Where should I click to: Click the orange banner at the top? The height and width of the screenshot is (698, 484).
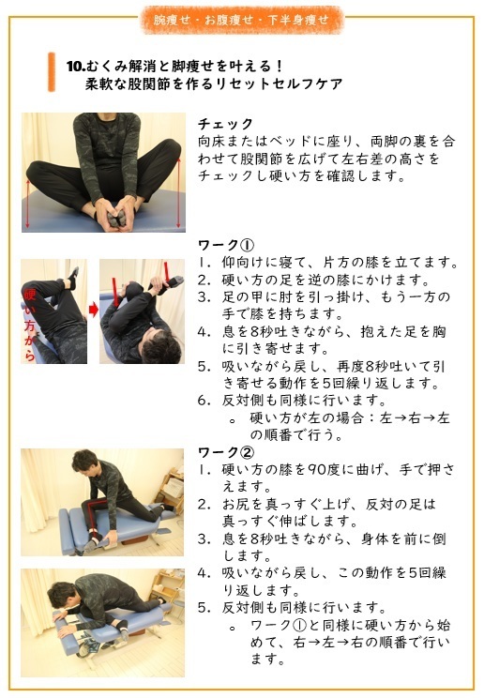pos(242,18)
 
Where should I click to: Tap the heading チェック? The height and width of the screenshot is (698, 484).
pos(226,124)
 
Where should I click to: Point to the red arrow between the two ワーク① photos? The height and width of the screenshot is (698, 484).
pos(93,309)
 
